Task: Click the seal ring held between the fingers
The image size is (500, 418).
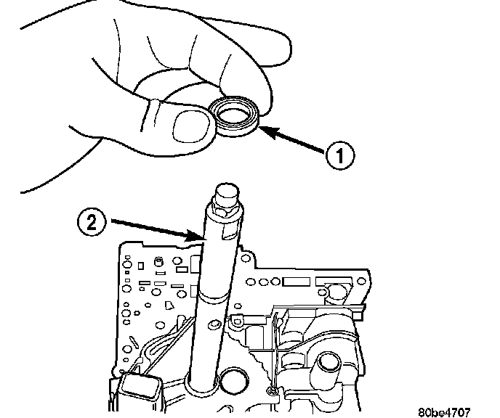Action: (x=234, y=119)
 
